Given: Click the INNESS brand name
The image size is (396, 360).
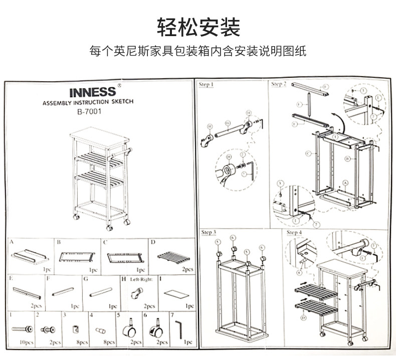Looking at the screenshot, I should pos(92,92).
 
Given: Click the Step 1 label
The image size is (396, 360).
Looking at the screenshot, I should pos(206,85).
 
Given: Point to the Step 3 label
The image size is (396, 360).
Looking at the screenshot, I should pos(209,233).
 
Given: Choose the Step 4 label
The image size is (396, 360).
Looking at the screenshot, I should pos(294,233).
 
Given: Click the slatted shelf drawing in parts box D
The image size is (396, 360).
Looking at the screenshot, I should pos(173,258).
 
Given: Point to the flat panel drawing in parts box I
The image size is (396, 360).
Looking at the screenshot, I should pos(175,293).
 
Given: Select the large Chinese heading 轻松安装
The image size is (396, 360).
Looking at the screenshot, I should pos(198,27).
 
